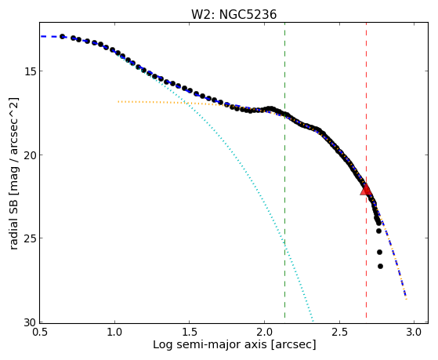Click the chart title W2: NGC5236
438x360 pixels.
(x=233, y=14)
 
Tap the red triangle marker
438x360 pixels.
(x=366, y=189)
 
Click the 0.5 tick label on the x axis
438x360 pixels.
(x=39, y=332)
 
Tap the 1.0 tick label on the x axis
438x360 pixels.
(x=114, y=332)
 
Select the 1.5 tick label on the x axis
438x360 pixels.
(x=189, y=332)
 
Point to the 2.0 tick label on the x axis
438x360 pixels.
(x=264, y=332)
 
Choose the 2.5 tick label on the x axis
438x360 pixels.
(x=338, y=332)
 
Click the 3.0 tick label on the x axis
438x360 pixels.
(x=414, y=332)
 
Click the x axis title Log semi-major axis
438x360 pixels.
(x=210, y=344)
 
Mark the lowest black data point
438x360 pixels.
(x=380, y=267)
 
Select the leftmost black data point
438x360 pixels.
(x=63, y=37)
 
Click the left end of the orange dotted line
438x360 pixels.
(x=118, y=101)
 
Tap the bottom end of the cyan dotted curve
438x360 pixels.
(x=313, y=322)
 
